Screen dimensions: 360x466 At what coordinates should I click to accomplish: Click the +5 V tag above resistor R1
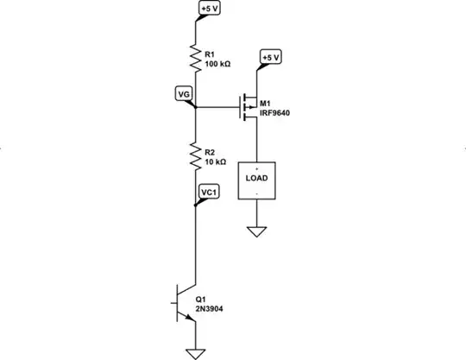coord(210,9)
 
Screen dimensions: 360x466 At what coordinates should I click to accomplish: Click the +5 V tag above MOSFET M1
coord(271,58)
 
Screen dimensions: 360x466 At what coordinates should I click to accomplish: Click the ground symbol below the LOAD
coord(256,231)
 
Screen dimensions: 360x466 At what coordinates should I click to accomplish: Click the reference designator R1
coord(211,54)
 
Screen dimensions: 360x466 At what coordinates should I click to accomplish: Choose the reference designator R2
coord(211,152)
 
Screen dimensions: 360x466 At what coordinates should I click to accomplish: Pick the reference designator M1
coord(270,103)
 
